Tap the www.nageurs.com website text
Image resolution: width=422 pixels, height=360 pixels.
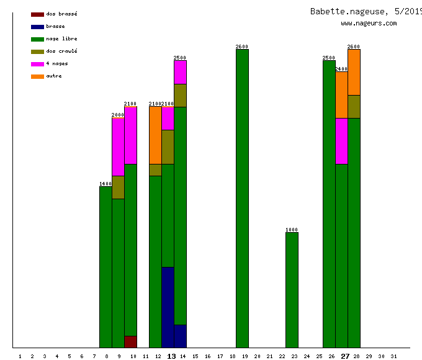tap(369, 24)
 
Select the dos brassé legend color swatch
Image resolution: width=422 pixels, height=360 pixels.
tap(37, 14)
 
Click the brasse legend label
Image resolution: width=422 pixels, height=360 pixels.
tap(55, 26)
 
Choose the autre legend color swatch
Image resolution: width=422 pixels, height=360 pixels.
tap(37, 76)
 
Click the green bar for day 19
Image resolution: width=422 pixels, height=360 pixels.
tap(242, 199)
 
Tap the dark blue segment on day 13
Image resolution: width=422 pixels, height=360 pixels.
tap(168, 307)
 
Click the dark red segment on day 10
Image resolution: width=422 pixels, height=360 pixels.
tap(130, 341)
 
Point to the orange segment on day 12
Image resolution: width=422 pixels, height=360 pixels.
tap(155, 135)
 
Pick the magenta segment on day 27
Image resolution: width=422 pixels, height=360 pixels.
tap(341, 141)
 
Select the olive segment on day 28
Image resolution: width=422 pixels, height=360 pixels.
tap(354, 106)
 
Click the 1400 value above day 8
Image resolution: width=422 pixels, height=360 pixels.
tap(105, 184)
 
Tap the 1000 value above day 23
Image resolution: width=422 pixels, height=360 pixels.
tap(292, 230)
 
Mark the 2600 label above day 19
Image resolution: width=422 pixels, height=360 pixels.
tap(242, 47)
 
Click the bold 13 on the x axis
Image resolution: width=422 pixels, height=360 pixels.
tap(172, 356)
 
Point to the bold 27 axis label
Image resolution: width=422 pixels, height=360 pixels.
tap(345, 356)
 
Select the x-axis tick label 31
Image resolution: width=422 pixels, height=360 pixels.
tap(393, 356)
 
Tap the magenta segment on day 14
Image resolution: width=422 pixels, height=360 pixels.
tap(180, 72)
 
